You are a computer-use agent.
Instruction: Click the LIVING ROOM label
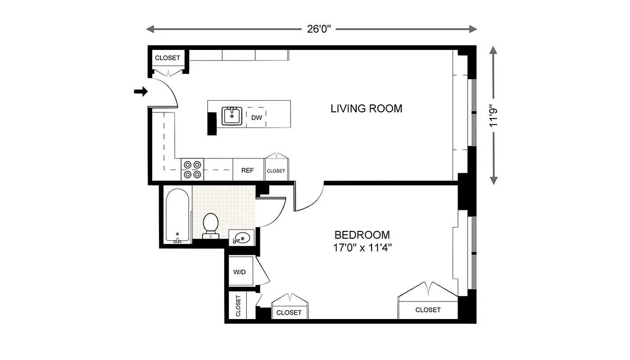pyautogui.click(x=366, y=108)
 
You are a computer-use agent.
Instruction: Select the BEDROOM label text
pyautogui.click(x=362, y=235)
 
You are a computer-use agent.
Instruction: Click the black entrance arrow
pyautogui.click(x=141, y=91)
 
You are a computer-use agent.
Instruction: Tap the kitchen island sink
pyautogui.click(x=232, y=116)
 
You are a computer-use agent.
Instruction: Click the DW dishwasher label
pyautogui.click(x=256, y=118)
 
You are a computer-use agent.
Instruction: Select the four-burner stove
pyautogui.click(x=192, y=170)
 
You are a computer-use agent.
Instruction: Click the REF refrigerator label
pyautogui.click(x=248, y=171)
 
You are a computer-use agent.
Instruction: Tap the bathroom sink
pyautogui.click(x=242, y=238)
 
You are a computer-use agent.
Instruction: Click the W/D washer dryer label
pyautogui.click(x=240, y=272)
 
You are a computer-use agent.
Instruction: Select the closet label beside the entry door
pyautogui.click(x=168, y=58)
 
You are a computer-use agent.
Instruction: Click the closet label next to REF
pyautogui.click(x=276, y=171)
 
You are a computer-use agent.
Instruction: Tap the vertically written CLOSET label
pyautogui.click(x=238, y=306)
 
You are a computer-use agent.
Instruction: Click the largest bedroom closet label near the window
pyautogui.click(x=428, y=310)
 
